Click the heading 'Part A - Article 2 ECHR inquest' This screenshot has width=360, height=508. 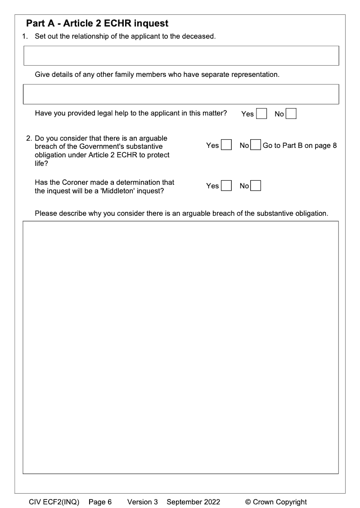point(97,23)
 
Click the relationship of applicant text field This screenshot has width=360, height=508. point(180,55)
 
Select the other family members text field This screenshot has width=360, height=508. point(180,94)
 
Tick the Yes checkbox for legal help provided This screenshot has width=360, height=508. point(261,114)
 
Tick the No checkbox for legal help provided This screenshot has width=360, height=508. point(291,114)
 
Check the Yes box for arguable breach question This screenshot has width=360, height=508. point(227,145)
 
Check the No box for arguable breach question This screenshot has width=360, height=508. point(256,145)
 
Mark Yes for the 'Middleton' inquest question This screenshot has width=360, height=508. point(227,186)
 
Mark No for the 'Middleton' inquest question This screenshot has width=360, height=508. point(256,186)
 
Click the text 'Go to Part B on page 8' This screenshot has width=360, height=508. point(300,145)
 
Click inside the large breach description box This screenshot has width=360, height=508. point(180,347)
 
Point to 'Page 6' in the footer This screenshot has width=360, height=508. point(100,502)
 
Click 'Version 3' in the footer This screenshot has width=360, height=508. point(143,502)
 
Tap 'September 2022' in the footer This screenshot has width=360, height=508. point(193,502)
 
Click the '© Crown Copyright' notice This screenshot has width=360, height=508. point(276,502)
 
